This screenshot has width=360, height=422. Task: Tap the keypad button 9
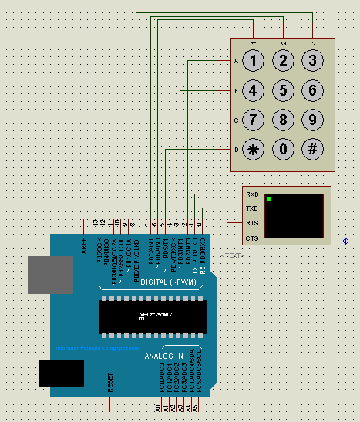(311, 120)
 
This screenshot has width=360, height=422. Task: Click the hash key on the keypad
(311, 149)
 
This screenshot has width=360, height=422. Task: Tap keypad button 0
(283, 149)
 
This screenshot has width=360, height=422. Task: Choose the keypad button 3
(311, 61)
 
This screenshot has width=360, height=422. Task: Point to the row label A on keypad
(236, 61)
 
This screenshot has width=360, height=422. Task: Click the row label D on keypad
(236, 149)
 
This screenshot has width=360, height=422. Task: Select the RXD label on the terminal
(251, 194)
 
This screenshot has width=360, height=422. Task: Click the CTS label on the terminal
(251, 238)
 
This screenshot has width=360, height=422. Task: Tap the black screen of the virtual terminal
(294, 216)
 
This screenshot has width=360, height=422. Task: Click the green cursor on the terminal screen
(270, 201)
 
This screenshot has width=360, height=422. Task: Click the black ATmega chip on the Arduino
(153, 317)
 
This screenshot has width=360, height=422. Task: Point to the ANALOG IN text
(163, 356)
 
